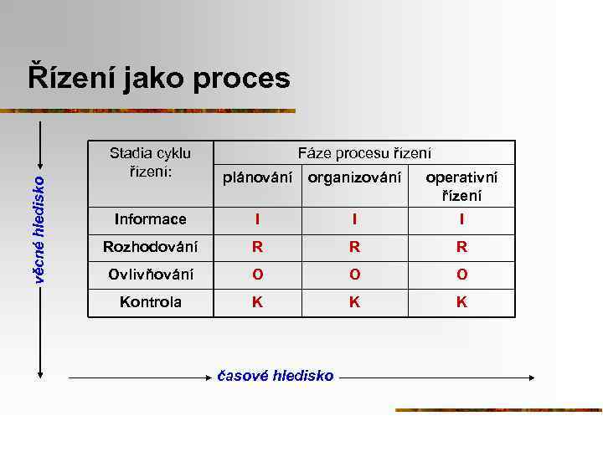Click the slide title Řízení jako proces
tap(159, 79)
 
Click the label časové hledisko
tap(276, 376)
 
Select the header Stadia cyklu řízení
tap(151, 162)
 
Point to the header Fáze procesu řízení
tap(365, 153)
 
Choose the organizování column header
tap(354, 177)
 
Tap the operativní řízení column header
tap(461, 187)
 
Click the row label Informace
tap(151, 219)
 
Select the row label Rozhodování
tap(151, 247)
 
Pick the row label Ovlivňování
tap(151, 275)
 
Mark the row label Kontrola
tap(151, 302)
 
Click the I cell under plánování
tap(258, 219)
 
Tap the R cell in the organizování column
tap(355, 247)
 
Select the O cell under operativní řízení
tap(461, 275)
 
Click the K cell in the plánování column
tap(258, 302)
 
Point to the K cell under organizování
tap(355, 302)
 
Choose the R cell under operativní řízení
tap(461, 247)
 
